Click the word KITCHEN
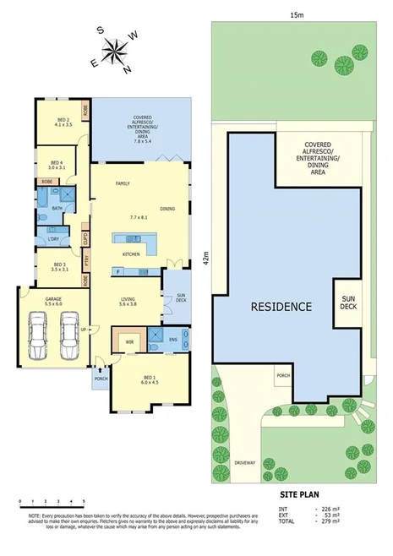pyautogui.click(x=131, y=253)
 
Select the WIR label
pyautogui.click(x=129, y=342)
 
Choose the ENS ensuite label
pyautogui.click(x=172, y=341)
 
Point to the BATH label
pyautogui.click(x=57, y=208)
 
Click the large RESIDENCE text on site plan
pyautogui.click(x=280, y=306)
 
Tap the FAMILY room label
pyautogui.click(x=123, y=183)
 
